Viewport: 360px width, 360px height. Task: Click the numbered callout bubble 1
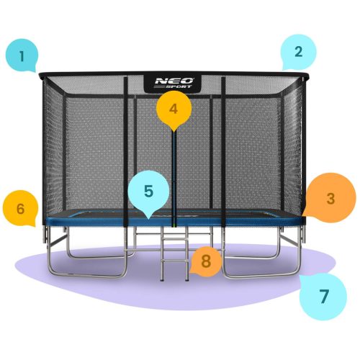pyautogui.click(x=23, y=55)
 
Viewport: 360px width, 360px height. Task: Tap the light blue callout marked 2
pyautogui.click(x=298, y=52)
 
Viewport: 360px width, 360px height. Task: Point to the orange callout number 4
pyautogui.click(x=172, y=109)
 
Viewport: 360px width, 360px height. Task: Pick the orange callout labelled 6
pyautogui.click(x=20, y=208)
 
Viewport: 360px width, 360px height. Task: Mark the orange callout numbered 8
pyautogui.click(x=206, y=261)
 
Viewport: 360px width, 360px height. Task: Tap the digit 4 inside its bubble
pyautogui.click(x=172, y=109)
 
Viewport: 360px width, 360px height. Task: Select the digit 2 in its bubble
pyautogui.click(x=298, y=52)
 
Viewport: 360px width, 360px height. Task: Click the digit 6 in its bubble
pyautogui.click(x=20, y=208)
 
